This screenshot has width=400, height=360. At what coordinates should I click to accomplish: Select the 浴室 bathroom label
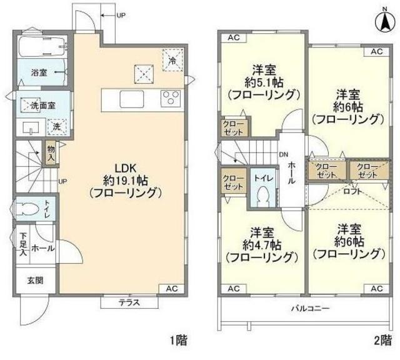[x=39, y=72]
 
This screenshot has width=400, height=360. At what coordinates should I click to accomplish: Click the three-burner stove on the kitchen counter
[x=169, y=98]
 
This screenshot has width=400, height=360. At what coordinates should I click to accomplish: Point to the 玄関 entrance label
[x=35, y=280]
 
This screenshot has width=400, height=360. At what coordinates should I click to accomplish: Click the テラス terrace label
[x=129, y=303]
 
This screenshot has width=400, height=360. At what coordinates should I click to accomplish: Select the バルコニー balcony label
[x=309, y=307]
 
